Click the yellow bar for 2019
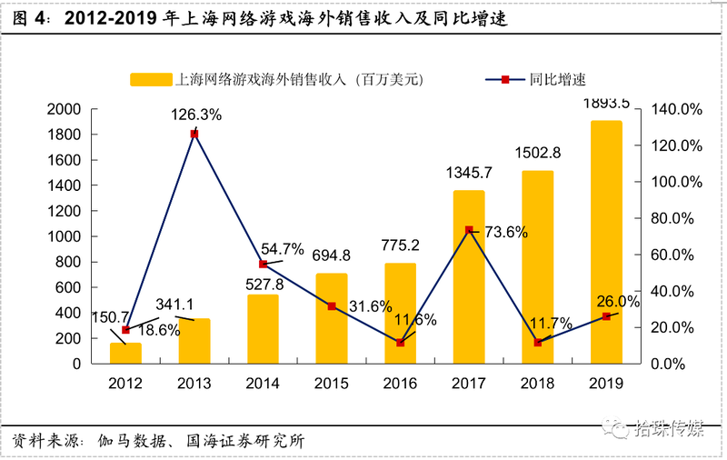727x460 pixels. tap(605, 242)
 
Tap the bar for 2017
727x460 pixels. tap(468, 277)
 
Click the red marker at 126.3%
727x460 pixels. tap(194, 134)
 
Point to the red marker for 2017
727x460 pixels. tap(469, 230)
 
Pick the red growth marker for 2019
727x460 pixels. tap(606, 315)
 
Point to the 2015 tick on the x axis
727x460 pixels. tap(332, 383)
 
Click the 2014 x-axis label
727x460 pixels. tap(263, 383)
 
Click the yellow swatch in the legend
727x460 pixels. tap(150, 80)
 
